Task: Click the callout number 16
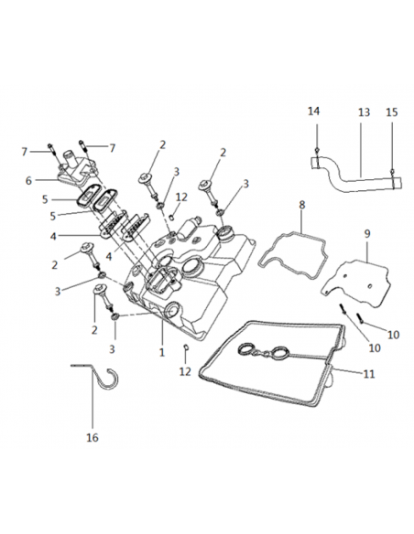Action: point(93,437)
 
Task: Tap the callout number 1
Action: point(162,352)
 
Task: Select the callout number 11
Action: point(369,374)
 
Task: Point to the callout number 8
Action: point(302,205)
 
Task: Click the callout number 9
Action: point(367,234)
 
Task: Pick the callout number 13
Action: point(364,112)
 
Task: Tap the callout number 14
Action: point(314,111)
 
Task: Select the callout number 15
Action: point(392,112)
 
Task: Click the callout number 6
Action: point(28,180)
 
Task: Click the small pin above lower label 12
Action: point(186,347)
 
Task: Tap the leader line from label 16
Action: point(93,398)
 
